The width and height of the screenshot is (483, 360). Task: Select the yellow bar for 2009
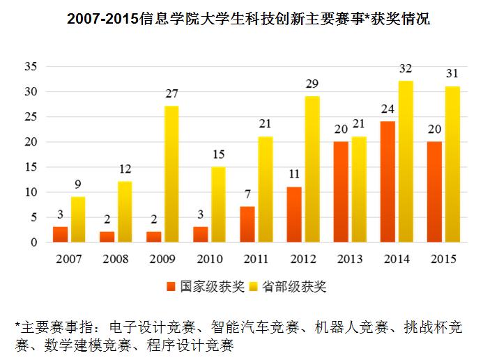(171, 174)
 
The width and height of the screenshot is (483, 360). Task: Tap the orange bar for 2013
(342, 192)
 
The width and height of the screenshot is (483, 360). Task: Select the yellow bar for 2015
(453, 164)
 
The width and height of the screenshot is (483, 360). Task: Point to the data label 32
(406, 68)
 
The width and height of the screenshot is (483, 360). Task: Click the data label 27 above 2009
(171, 94)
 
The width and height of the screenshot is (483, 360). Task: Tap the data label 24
(388, 109)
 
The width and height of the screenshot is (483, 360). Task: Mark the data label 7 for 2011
(247, 195)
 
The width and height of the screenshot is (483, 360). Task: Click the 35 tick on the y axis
(30, 67)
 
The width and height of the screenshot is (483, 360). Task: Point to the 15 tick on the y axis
(30, 167)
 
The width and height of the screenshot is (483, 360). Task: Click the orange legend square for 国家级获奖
(171, 286)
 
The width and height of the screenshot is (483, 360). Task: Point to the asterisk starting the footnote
(18, 326)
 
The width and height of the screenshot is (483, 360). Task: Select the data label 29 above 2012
(312, 84)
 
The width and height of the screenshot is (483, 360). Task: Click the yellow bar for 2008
(125, 212)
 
